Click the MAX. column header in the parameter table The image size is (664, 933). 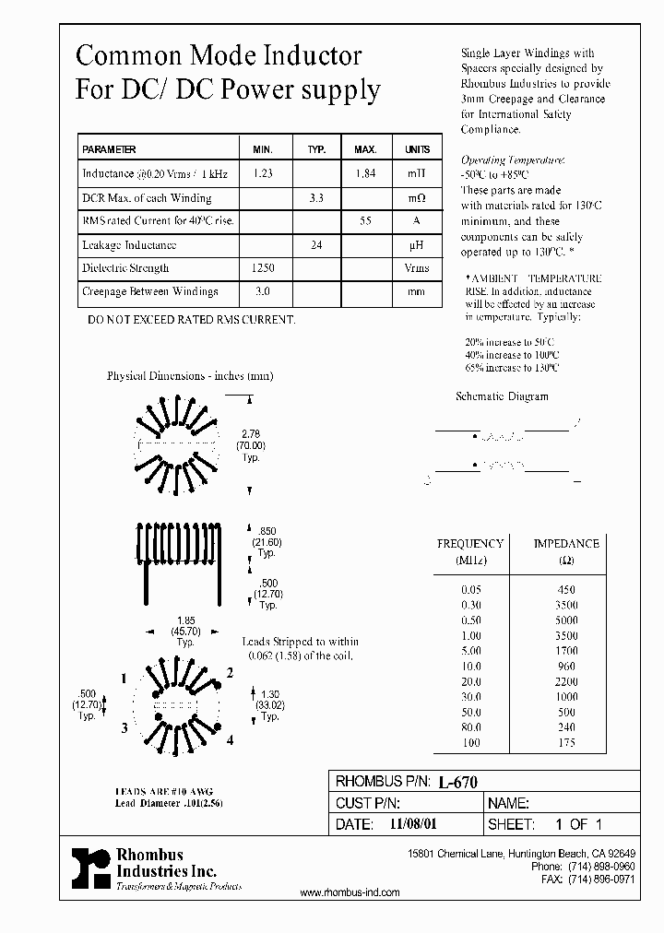tap(365, 149)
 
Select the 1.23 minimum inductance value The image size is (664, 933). tap(262, 173)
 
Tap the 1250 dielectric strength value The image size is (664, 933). tap(262, 268)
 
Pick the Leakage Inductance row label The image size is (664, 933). tap(129, 245)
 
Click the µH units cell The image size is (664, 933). tap(417, 245)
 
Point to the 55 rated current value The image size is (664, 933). tap(365, 221)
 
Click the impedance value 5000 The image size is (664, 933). tap(566, 620)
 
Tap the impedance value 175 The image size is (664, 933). tap(566, 743)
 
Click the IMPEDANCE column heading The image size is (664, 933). tap(566, 544)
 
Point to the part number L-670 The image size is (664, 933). tap(456, 781)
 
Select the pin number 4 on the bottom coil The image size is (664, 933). tap(230, 740)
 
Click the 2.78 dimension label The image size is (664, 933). tap(250, 433)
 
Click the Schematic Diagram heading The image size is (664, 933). tap(502, 396)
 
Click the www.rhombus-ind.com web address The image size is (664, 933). tap(350, 892)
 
